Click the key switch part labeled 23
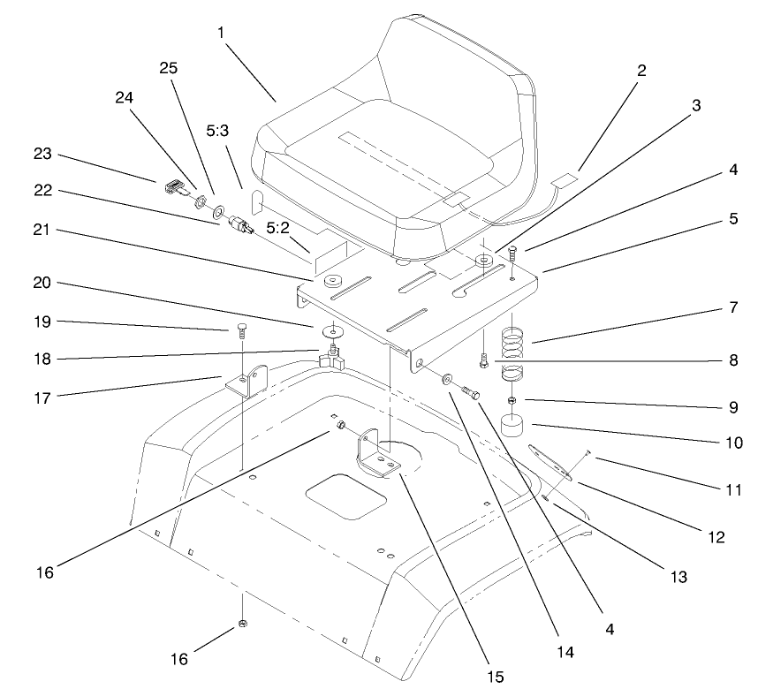[174, 186]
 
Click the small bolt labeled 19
[242, 332]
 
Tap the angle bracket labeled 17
[245, 380]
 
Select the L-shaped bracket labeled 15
[374, 452]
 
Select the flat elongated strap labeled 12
[550, 463]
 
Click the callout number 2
[641, 71]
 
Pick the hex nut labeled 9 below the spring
[512, 402]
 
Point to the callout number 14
[566, 653]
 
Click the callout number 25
[169, 68]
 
